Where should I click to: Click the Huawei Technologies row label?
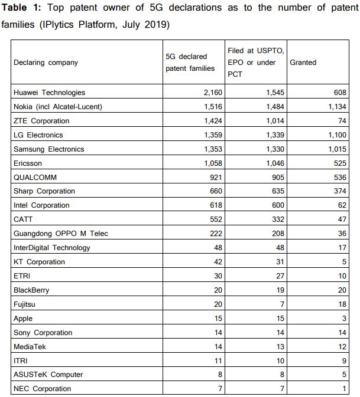coord(49,93)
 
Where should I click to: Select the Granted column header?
coord(303,63)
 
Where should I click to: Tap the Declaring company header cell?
coord(46,63)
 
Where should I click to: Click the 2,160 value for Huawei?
coord(211,93)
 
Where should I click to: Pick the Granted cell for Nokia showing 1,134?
coord(336,107)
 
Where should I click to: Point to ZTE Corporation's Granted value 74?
coord(342,121)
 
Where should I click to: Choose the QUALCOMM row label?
coord(35,177)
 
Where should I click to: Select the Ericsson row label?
coord(28,163)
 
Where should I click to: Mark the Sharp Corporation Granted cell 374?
coord(340,191)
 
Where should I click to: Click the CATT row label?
coord(22,219)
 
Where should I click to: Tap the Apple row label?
coord(23,319)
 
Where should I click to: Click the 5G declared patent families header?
coord(186,63)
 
